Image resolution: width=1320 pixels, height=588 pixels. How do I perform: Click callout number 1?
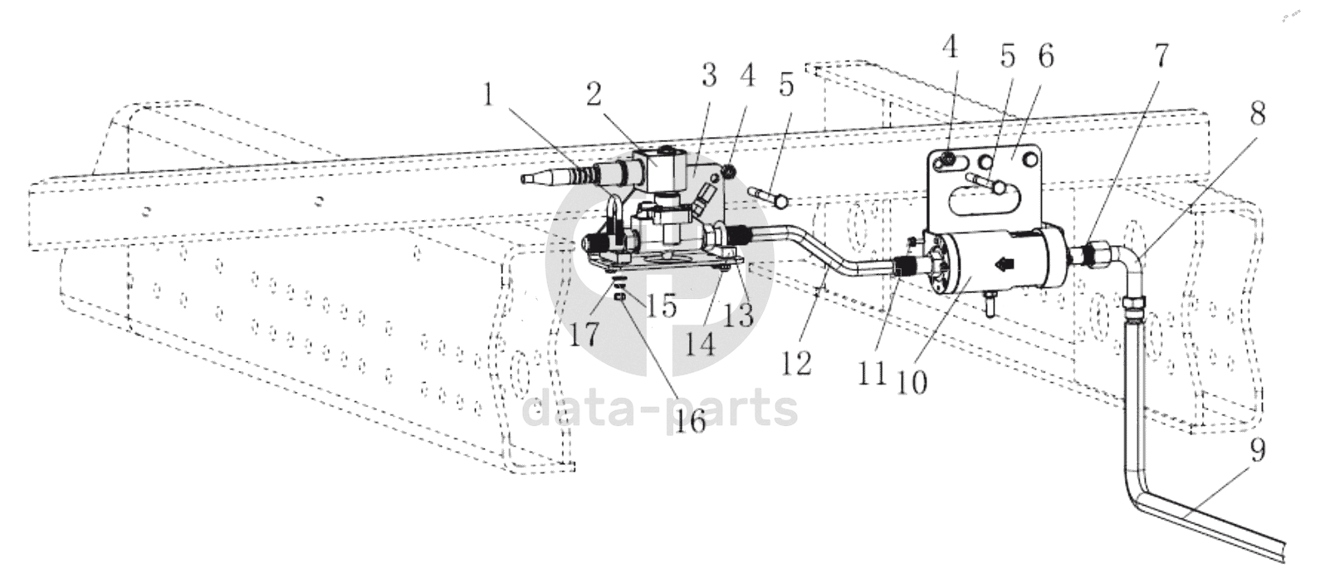(488, 96)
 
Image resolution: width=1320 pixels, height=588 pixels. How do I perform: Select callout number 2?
(594, 93)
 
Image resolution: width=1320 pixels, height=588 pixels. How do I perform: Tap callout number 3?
(709, 76)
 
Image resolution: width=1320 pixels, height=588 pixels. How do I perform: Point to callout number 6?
(1046, 56)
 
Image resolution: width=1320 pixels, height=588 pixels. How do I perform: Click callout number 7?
(1160, 56)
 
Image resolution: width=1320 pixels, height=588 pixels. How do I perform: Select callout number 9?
(1257, 451)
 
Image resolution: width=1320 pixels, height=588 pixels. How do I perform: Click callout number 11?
(872, 373)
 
